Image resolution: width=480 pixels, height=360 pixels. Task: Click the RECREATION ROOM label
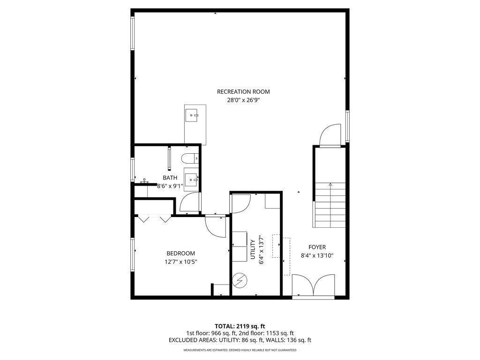point(243,91)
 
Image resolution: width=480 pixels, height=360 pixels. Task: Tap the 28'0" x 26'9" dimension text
point(243,100)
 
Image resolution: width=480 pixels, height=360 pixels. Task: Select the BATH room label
point(170,178)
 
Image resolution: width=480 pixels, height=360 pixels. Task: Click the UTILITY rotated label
point(253,249)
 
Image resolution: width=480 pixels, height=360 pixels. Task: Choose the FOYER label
point(317,247)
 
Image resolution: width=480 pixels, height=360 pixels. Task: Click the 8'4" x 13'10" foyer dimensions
point(317,255)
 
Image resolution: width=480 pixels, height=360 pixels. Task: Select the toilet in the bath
point(191,158)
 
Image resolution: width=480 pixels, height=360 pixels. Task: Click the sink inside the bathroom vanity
point(191,178)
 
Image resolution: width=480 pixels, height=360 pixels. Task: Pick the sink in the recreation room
point(193,114)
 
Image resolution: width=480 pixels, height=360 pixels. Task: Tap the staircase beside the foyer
point(330,205)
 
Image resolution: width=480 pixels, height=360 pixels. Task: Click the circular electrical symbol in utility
point(240,280)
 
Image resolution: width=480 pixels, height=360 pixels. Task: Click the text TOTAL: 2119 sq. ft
point(240,326)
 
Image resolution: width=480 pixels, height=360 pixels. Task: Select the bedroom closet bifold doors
point(153,218)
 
